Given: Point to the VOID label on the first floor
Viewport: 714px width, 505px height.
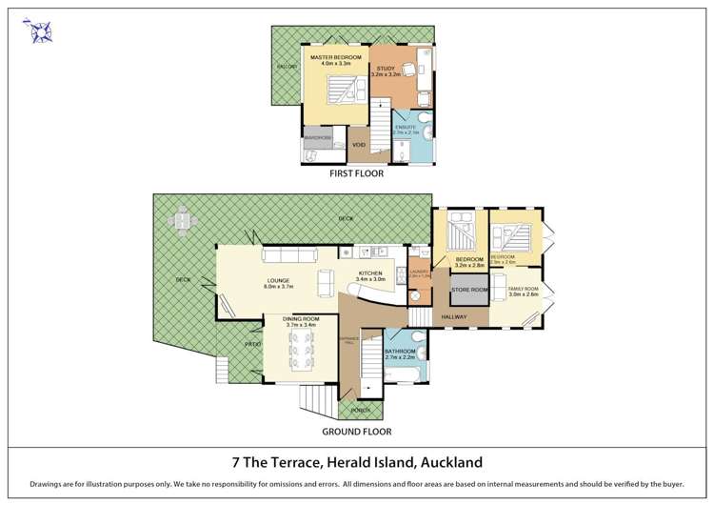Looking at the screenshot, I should click(x=359, y=145).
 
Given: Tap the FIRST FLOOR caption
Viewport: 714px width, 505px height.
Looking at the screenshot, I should click(x=356, y=175).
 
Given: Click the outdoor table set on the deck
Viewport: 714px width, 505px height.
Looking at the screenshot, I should click(x=181, y=221).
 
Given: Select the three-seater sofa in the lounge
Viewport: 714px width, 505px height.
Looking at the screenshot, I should click(x=288, y=256).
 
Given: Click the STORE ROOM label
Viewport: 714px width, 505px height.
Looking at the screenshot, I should click(x=468, y=289).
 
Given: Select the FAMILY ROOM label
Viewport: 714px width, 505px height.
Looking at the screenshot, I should click(x=523, y=290).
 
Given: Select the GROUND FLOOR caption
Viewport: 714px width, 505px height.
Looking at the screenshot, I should click(x=356, y=432).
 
